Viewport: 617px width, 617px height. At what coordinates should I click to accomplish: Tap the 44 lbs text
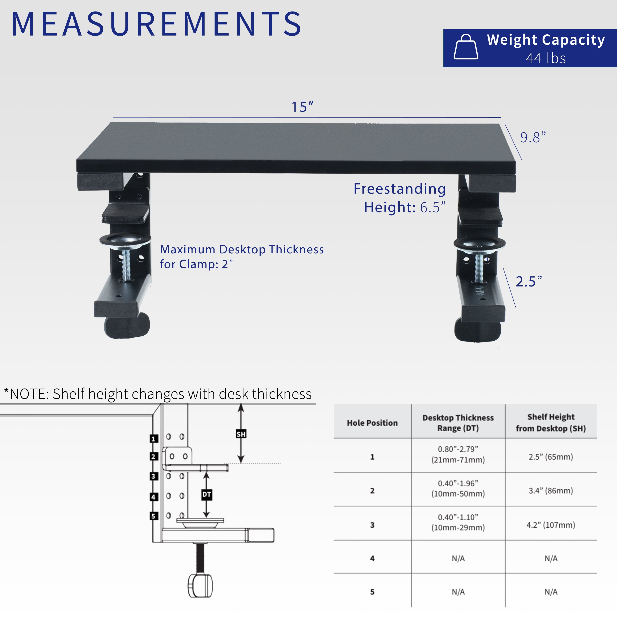coord(546,58)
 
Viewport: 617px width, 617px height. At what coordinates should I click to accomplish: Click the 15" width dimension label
coord(302,107)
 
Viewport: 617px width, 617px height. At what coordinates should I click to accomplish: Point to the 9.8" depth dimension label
coord(533,137)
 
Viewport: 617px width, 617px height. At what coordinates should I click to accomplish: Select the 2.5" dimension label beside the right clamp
coord(529,281)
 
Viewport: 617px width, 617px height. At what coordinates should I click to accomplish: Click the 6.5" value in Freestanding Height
coord(433,207)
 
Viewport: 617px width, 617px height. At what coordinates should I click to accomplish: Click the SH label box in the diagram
coord(241,434)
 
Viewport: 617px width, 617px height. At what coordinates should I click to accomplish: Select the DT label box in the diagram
coord(207,495)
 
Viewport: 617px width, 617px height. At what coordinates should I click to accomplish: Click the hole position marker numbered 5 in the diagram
coord(154,516)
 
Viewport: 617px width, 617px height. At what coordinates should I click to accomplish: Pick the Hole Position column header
coord(372,423)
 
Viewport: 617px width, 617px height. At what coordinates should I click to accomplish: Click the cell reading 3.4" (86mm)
coord(551,491)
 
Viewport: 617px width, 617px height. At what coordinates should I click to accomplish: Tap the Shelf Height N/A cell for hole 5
coord(551,592)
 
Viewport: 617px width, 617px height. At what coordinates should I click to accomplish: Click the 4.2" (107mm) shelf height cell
coord(551,525)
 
